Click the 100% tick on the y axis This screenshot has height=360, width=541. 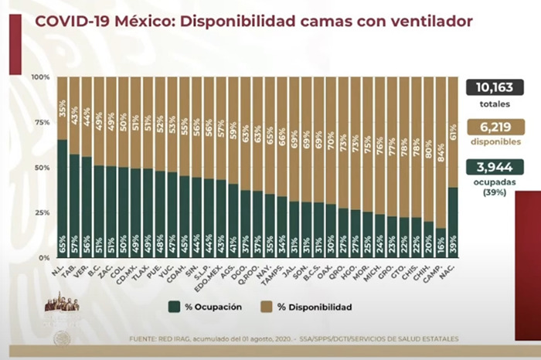click(40, 77)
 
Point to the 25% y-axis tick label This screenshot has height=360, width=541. click(42, 212)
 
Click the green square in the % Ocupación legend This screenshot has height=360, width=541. click(177, 307)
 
